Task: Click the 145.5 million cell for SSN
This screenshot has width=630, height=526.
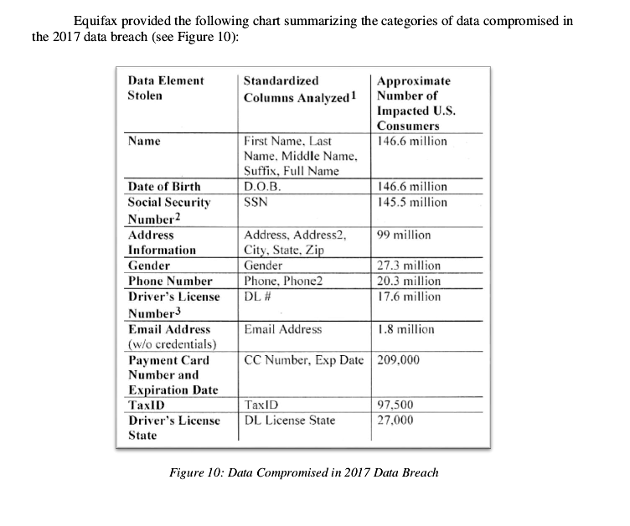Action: [x=412, y=203]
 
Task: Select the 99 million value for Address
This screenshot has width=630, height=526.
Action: [x=401, y=235]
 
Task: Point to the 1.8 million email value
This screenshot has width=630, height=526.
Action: [x=406, y=329]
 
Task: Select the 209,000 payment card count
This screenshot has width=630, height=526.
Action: [x=399, y=361]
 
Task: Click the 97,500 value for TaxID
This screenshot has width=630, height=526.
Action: [x=395, y=405]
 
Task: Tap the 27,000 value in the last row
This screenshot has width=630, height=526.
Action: [x=395, y=420]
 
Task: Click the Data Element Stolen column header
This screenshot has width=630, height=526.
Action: [x=165, y=88]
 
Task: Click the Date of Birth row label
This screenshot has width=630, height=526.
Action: [x=164, y=187]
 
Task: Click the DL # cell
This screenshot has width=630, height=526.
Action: [x=256, y=297]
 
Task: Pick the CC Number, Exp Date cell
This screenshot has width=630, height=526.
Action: [x=304, y=361]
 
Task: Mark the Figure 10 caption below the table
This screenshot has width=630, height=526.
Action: [x=303, y=472]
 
